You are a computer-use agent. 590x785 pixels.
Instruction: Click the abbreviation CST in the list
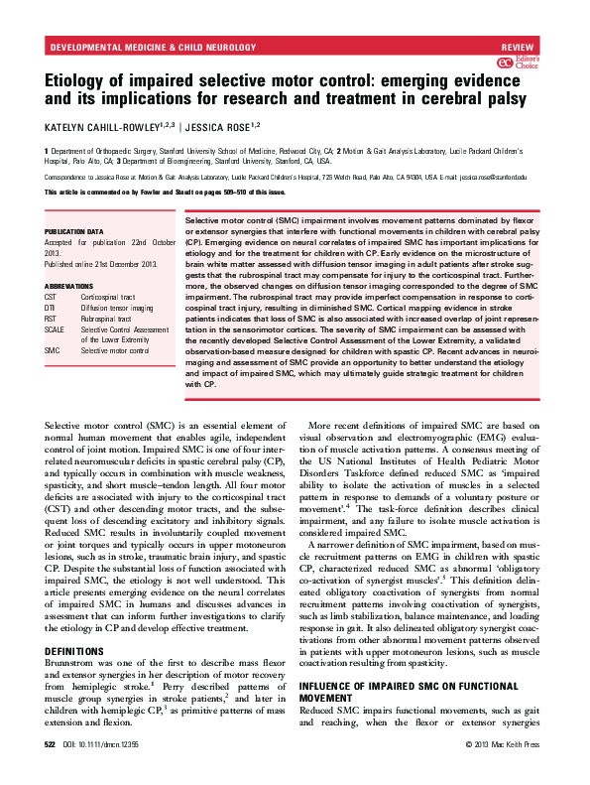point(51,297)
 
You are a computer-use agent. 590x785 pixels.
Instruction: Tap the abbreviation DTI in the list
point(50,308)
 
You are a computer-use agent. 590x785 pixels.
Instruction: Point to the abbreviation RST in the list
point(51,319)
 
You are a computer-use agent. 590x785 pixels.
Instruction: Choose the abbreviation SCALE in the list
point(54,329)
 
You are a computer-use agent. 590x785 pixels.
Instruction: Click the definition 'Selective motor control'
point(115,351)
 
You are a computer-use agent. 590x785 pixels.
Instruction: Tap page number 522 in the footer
point(52,770)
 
